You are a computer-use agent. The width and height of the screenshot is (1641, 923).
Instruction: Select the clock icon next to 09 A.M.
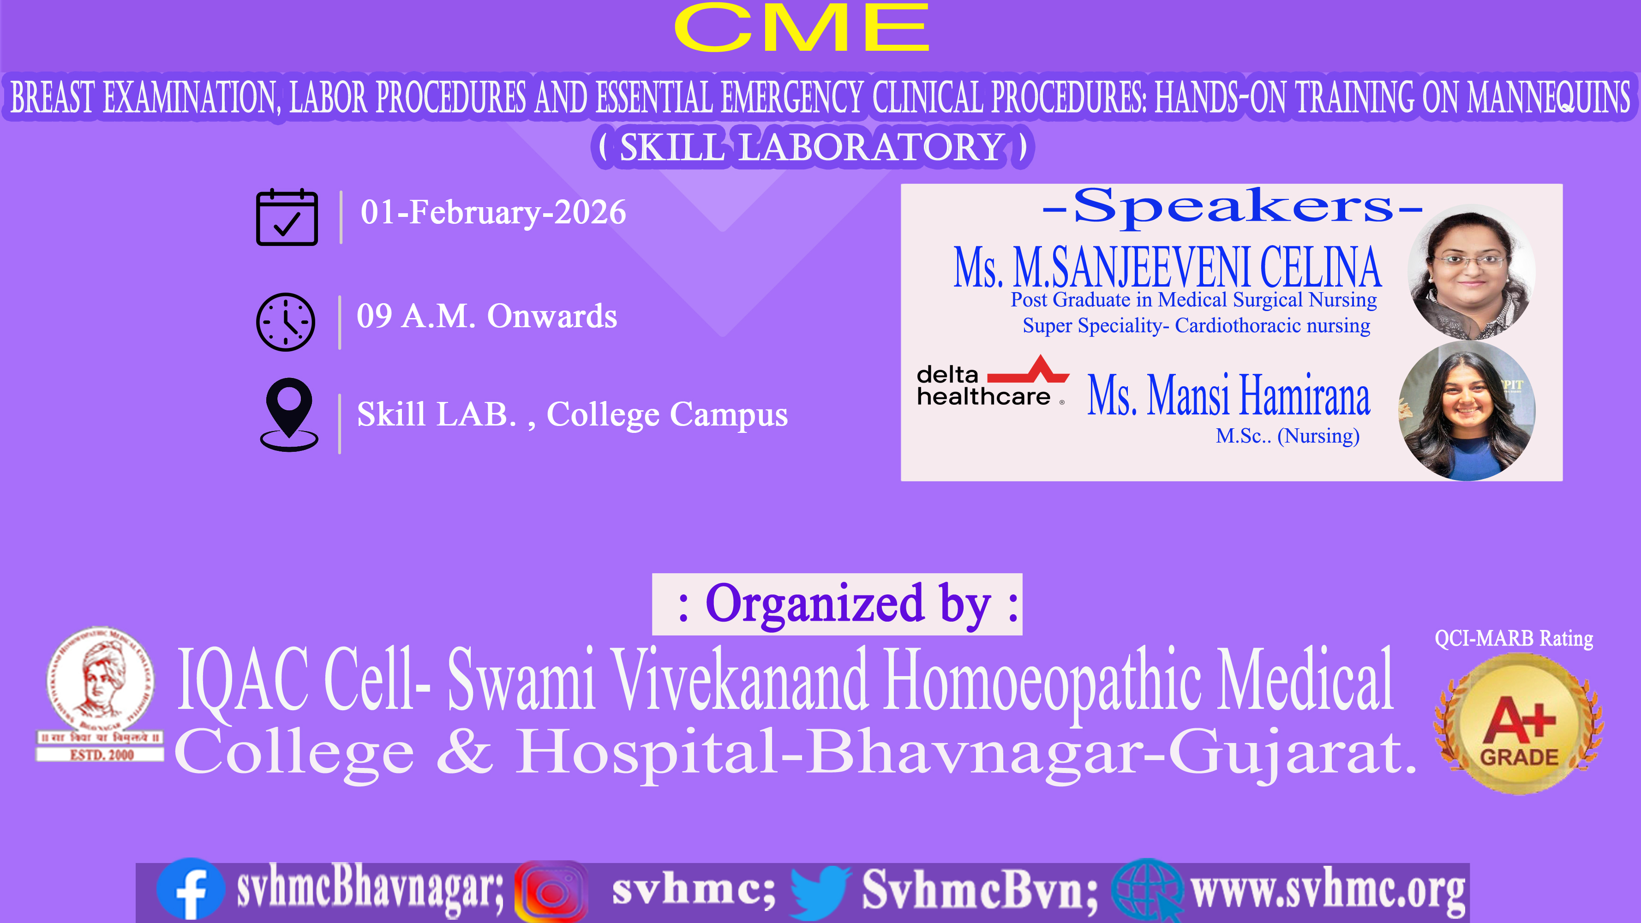pos(285,322)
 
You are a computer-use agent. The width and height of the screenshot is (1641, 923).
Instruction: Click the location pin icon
pos(289,415)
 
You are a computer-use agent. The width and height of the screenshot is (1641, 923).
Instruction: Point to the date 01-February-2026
pos(493,212)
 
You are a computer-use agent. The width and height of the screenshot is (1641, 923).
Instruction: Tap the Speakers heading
pos(1233,206)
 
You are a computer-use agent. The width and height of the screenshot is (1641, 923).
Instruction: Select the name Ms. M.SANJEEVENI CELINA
pos(1167,268)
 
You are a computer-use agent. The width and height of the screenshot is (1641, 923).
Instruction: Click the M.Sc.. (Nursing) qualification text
pos(1288,436)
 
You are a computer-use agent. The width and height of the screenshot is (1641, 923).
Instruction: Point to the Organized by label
pos(837,604)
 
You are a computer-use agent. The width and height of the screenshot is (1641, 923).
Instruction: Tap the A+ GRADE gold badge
pos(1519,724)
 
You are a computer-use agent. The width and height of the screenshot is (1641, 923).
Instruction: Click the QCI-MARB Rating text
pos(1514,638)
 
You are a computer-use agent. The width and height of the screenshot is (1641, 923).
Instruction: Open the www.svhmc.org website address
pos(1328,891)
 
